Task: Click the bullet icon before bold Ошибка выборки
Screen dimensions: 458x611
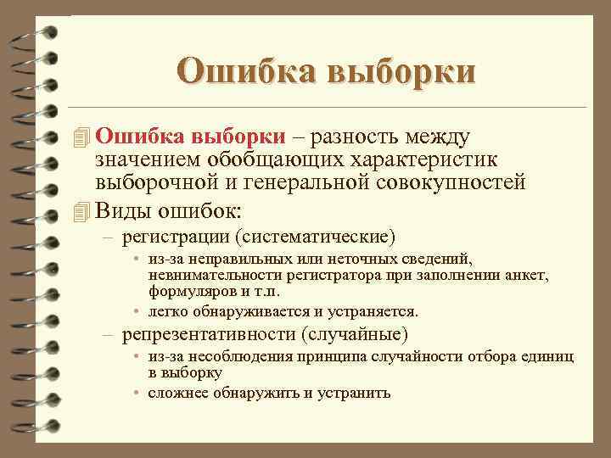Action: pos(81,137)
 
